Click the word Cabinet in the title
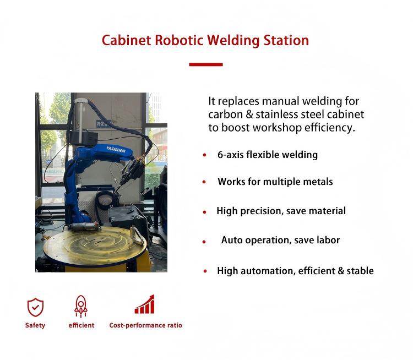[x=127, y=40]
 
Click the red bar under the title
[x=206, y=64]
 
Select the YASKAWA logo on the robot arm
[x=116, y=149]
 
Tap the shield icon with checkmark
[x=35, y=307]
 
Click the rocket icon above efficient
[x=81, y=306]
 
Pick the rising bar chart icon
[x=145, y=304]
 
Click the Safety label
[x=35, y=325]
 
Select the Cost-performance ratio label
[x=146, y=325]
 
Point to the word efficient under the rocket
[x=81, y=325]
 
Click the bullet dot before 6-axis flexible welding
[x=205, y=155]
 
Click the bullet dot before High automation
[x=205, y=271]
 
